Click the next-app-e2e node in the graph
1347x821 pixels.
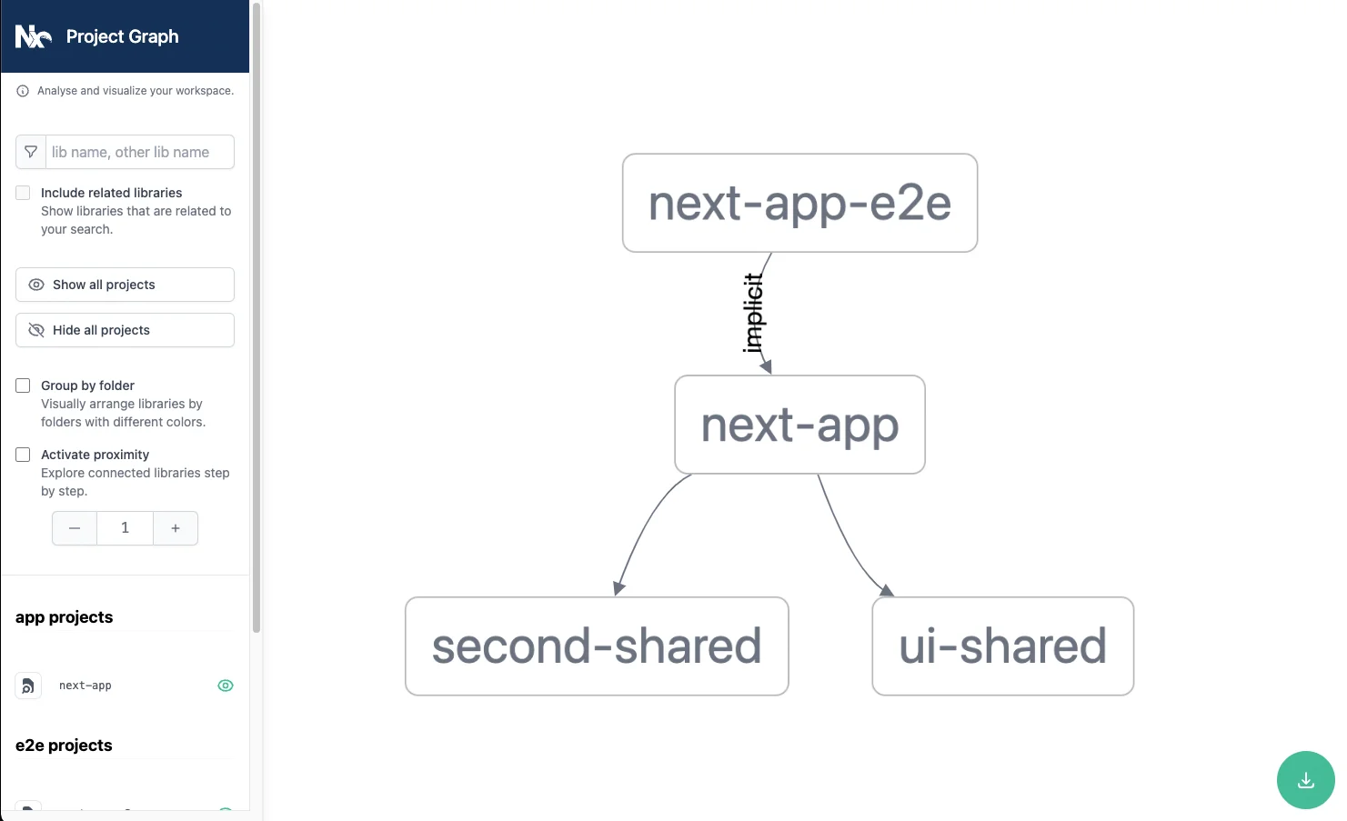(x=799, y=203)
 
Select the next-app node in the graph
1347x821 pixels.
(x=799, y=425)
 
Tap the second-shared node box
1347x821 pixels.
(x=597, y=646)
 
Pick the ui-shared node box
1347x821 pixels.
(x=1003, y=646)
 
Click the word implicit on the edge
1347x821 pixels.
(x=753, y=313)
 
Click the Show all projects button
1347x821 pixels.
(x=126, y=285)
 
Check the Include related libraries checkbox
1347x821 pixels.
(x=23, y=193)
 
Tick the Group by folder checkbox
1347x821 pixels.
(x=23, y=385)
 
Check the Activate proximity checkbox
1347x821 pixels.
(x=23, y=455)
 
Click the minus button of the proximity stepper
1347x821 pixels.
(x=75, y=528)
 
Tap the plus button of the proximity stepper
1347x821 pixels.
(x=176, y=528)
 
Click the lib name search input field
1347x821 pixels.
(x=140, y=152)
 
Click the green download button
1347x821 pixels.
(x=1305, y=780)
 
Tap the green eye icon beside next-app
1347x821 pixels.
(x=226, y=686)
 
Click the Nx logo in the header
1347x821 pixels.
(x=33, y=36)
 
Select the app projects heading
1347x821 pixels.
(x=65, y=617)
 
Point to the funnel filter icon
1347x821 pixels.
(x=31, y=152)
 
